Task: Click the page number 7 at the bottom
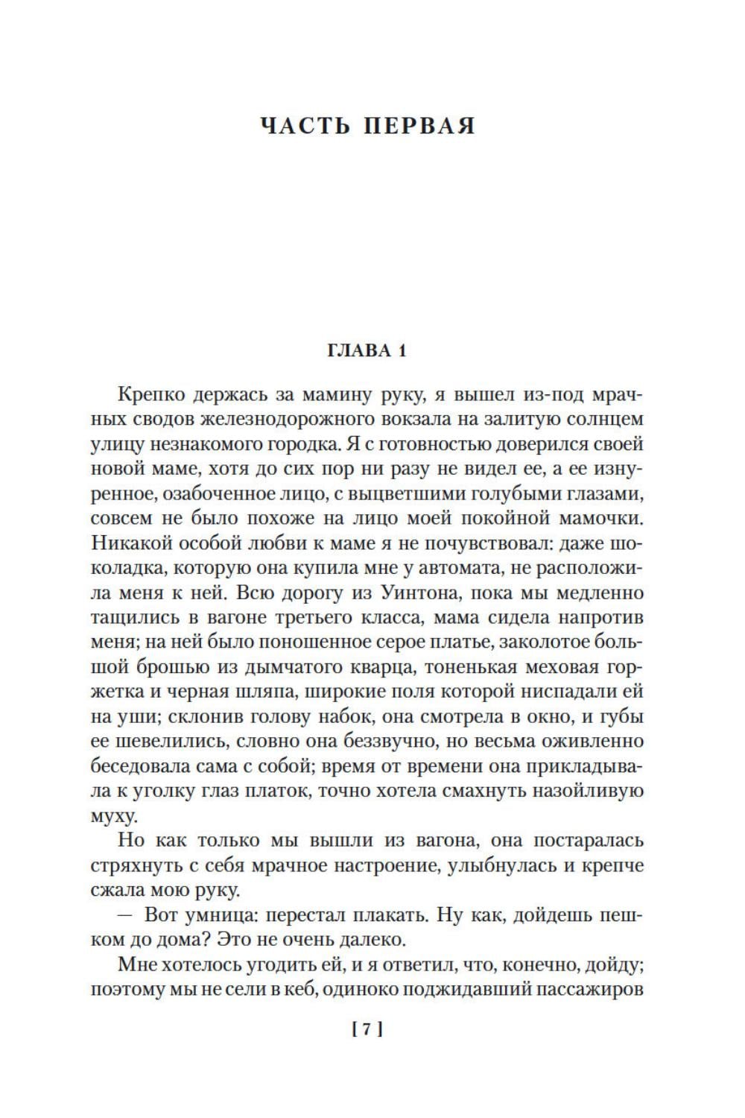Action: [367, 1030]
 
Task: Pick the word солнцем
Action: [600, 418]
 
